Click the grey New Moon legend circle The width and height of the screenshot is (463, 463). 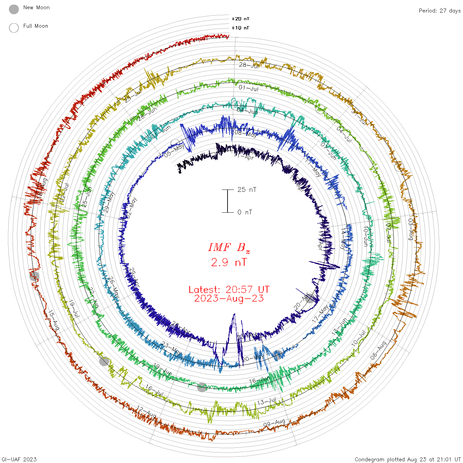(x=14, y=9)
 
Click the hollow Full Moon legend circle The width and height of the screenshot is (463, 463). (x=14, y=28)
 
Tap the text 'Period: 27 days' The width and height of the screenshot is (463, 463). (x=440, y=11)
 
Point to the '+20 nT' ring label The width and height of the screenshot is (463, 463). (x=240, y=19)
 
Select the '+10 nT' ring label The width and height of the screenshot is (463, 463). (x=240, y=28)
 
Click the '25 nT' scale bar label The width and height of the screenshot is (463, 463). (x=247, y=189)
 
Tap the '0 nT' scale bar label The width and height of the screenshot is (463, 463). (x=245, y=212)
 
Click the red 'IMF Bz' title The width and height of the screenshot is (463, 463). (x=229, y=247)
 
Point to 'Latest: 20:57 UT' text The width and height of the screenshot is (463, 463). (x=229, y=290)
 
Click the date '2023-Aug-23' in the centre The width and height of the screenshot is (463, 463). (x=229, y=299)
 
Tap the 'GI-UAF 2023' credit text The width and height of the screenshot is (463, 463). (x=19, y=459)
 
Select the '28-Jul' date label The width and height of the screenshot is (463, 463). (x=249, y=65)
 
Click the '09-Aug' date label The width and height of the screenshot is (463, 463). (x=274, y=423)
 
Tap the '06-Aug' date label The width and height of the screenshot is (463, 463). (x=378, y=351)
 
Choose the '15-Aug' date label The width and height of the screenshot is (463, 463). (x=54, y=320)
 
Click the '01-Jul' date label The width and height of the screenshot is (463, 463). (x=248, y=88)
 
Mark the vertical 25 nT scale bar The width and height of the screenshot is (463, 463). (x=228, y=201)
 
